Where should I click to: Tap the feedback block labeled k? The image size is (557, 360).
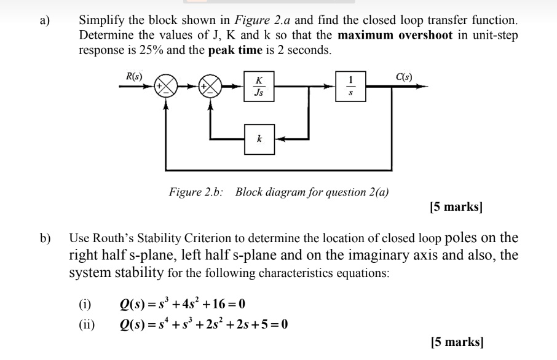[259, 139]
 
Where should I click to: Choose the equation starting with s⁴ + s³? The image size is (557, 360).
[203, 324]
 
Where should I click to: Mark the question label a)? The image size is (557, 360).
[45, 20]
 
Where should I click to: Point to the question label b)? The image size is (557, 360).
[45, 238]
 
